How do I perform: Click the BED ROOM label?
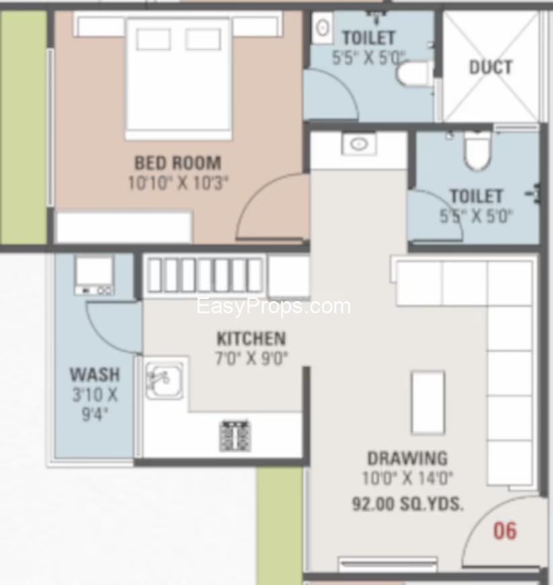click(x=178, y=163)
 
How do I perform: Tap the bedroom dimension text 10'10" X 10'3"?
click(x=178, y=183)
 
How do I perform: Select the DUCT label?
click(x=490, y=67)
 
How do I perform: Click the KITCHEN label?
click(x=252, y=339)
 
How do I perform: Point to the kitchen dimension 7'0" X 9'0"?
click(x=252, y=358)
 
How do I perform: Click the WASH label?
click(x=95, y=375)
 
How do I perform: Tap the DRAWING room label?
click(x=408, y=458)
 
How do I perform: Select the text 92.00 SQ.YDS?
click(x=408, y=504)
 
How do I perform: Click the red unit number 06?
click(x=505, y=531)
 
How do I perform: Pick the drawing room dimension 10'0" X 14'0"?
click(x=408, y=478)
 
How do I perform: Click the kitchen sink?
click(x=164, y=380)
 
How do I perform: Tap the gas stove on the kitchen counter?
click(x=235, y=436)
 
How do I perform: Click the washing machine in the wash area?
click(x=94, y=276)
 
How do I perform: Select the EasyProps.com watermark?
click(x=273, y=307)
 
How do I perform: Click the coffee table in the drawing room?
click(x=428, y=403)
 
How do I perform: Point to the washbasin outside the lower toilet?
click(x=359, y=144)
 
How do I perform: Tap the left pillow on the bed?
click(x=153, y=39)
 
